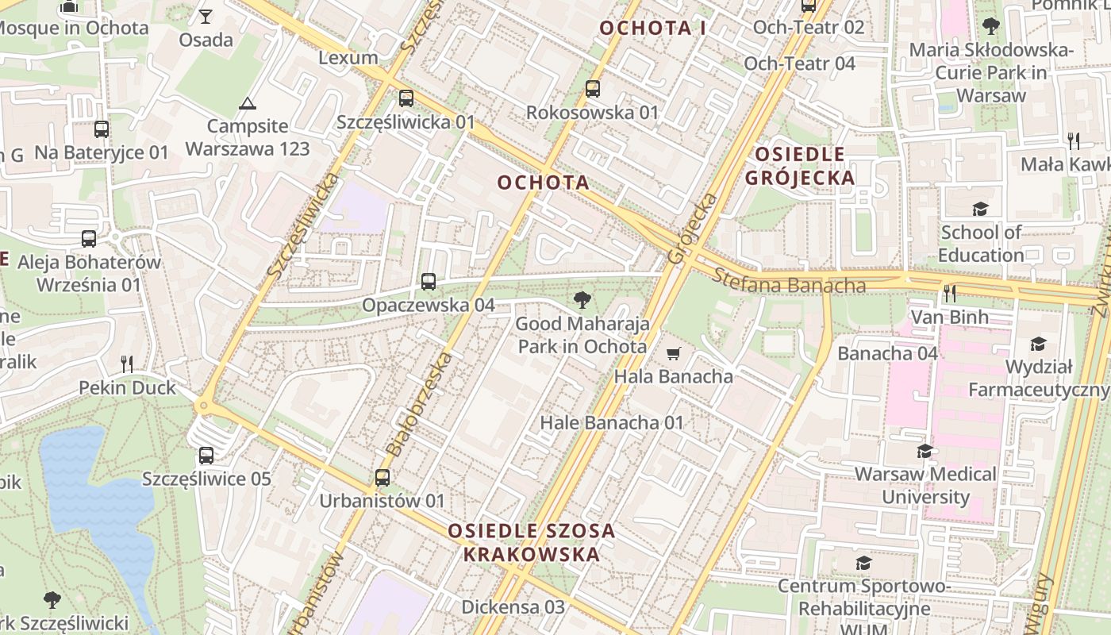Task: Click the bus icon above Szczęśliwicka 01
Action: [406, 98]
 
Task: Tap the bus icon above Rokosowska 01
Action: [593, 89]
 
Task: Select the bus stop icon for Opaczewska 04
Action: [429, 281]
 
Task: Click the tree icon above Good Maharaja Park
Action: [582, 300]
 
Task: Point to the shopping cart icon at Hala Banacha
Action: [674, 353]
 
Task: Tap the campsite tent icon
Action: [248, 103]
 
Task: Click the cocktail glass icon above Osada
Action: [206, 17]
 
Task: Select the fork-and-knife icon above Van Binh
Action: [949, 294]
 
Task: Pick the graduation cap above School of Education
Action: [981, 210]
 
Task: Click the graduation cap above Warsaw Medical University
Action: [925, 452]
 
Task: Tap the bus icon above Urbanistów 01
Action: [383, 478]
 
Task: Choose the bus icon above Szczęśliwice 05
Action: [206, 456]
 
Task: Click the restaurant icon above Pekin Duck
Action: [127, 364]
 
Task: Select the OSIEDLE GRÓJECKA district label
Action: [800, 165]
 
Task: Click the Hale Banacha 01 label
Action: [611, 423]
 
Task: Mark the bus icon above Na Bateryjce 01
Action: [102, 129]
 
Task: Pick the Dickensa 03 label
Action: [513, 607]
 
